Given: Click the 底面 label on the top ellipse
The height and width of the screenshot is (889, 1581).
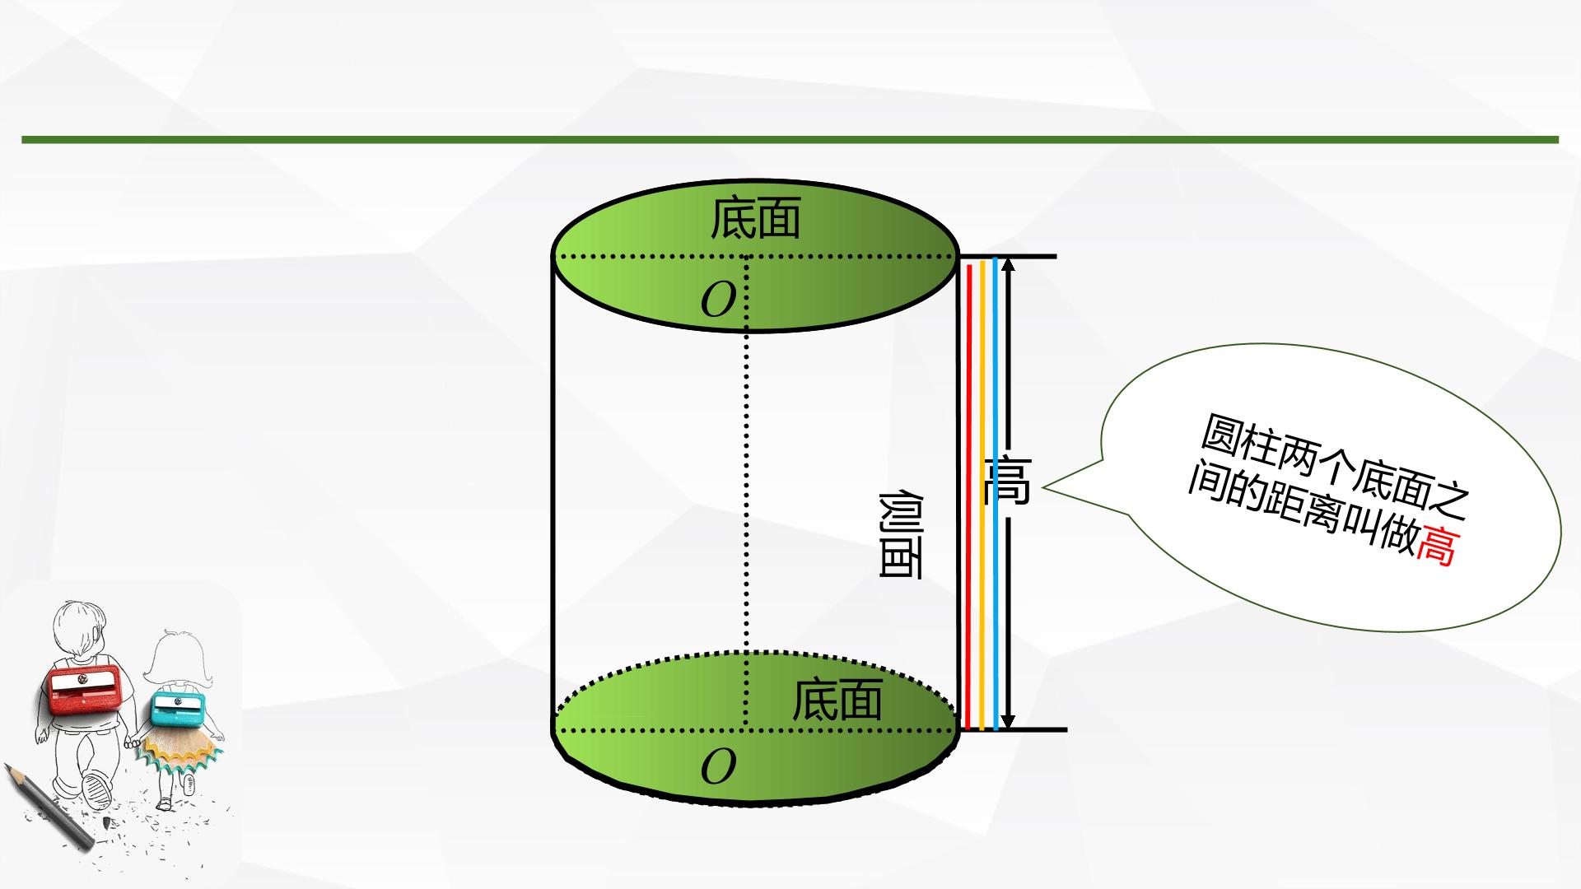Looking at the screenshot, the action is [x=755, y=217].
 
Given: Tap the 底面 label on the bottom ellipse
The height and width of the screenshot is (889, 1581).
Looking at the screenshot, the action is [x=837, y=700].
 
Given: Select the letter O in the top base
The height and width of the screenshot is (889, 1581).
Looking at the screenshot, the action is [x=717, y=300].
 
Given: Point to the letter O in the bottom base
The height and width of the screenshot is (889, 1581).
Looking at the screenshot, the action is [x=717, y=767].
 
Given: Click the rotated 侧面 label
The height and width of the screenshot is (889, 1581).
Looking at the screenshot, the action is [x=900, y=535].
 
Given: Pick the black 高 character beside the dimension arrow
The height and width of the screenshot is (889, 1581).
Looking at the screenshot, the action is [x=1006, y=480].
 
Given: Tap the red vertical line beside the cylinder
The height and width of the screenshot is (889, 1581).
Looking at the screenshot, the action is [x=969, y=497].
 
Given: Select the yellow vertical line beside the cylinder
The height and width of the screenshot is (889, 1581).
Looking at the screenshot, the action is [x=982, y=496].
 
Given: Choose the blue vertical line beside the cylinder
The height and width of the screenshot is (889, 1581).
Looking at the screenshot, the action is [x=996, y=494].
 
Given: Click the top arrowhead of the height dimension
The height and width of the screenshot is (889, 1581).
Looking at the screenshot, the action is [x=1010, y=265].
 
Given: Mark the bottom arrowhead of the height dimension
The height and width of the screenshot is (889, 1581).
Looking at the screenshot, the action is [x=1010, y=721].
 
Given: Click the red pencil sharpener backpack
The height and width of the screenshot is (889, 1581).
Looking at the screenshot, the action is [x=82, y=690].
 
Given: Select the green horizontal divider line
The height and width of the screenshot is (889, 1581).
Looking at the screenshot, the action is [x=790, y=139].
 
